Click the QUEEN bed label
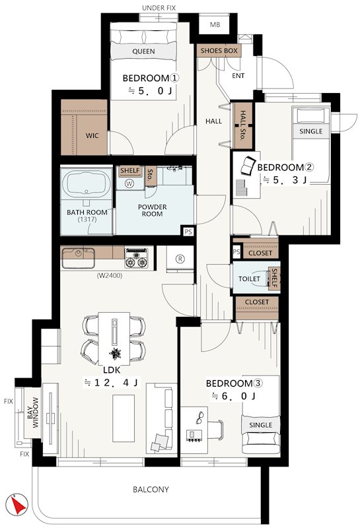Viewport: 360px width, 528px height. [143, 51]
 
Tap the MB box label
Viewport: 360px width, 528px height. [215, 25]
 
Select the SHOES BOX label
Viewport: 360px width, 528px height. [219, 51]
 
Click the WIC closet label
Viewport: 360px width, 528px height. [92, 136]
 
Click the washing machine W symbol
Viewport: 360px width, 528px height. [129, 183]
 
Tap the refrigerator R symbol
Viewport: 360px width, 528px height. [180, 259]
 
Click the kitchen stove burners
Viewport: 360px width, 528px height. [136, 257]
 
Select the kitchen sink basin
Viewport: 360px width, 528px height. [78, 257]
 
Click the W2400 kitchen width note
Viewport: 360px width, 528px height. [110, 275]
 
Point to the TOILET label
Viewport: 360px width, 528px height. [250, 279]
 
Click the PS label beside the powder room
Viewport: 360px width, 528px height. [188, 232]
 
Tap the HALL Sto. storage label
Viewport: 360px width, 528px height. [242, 125]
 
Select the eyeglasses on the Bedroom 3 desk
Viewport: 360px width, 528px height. [201, 417]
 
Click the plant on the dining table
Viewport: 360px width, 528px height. [115, 354]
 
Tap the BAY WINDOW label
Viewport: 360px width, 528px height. [32, 413]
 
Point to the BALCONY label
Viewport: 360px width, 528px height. [151, 489]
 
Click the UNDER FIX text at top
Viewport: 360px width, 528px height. [159, 8]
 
